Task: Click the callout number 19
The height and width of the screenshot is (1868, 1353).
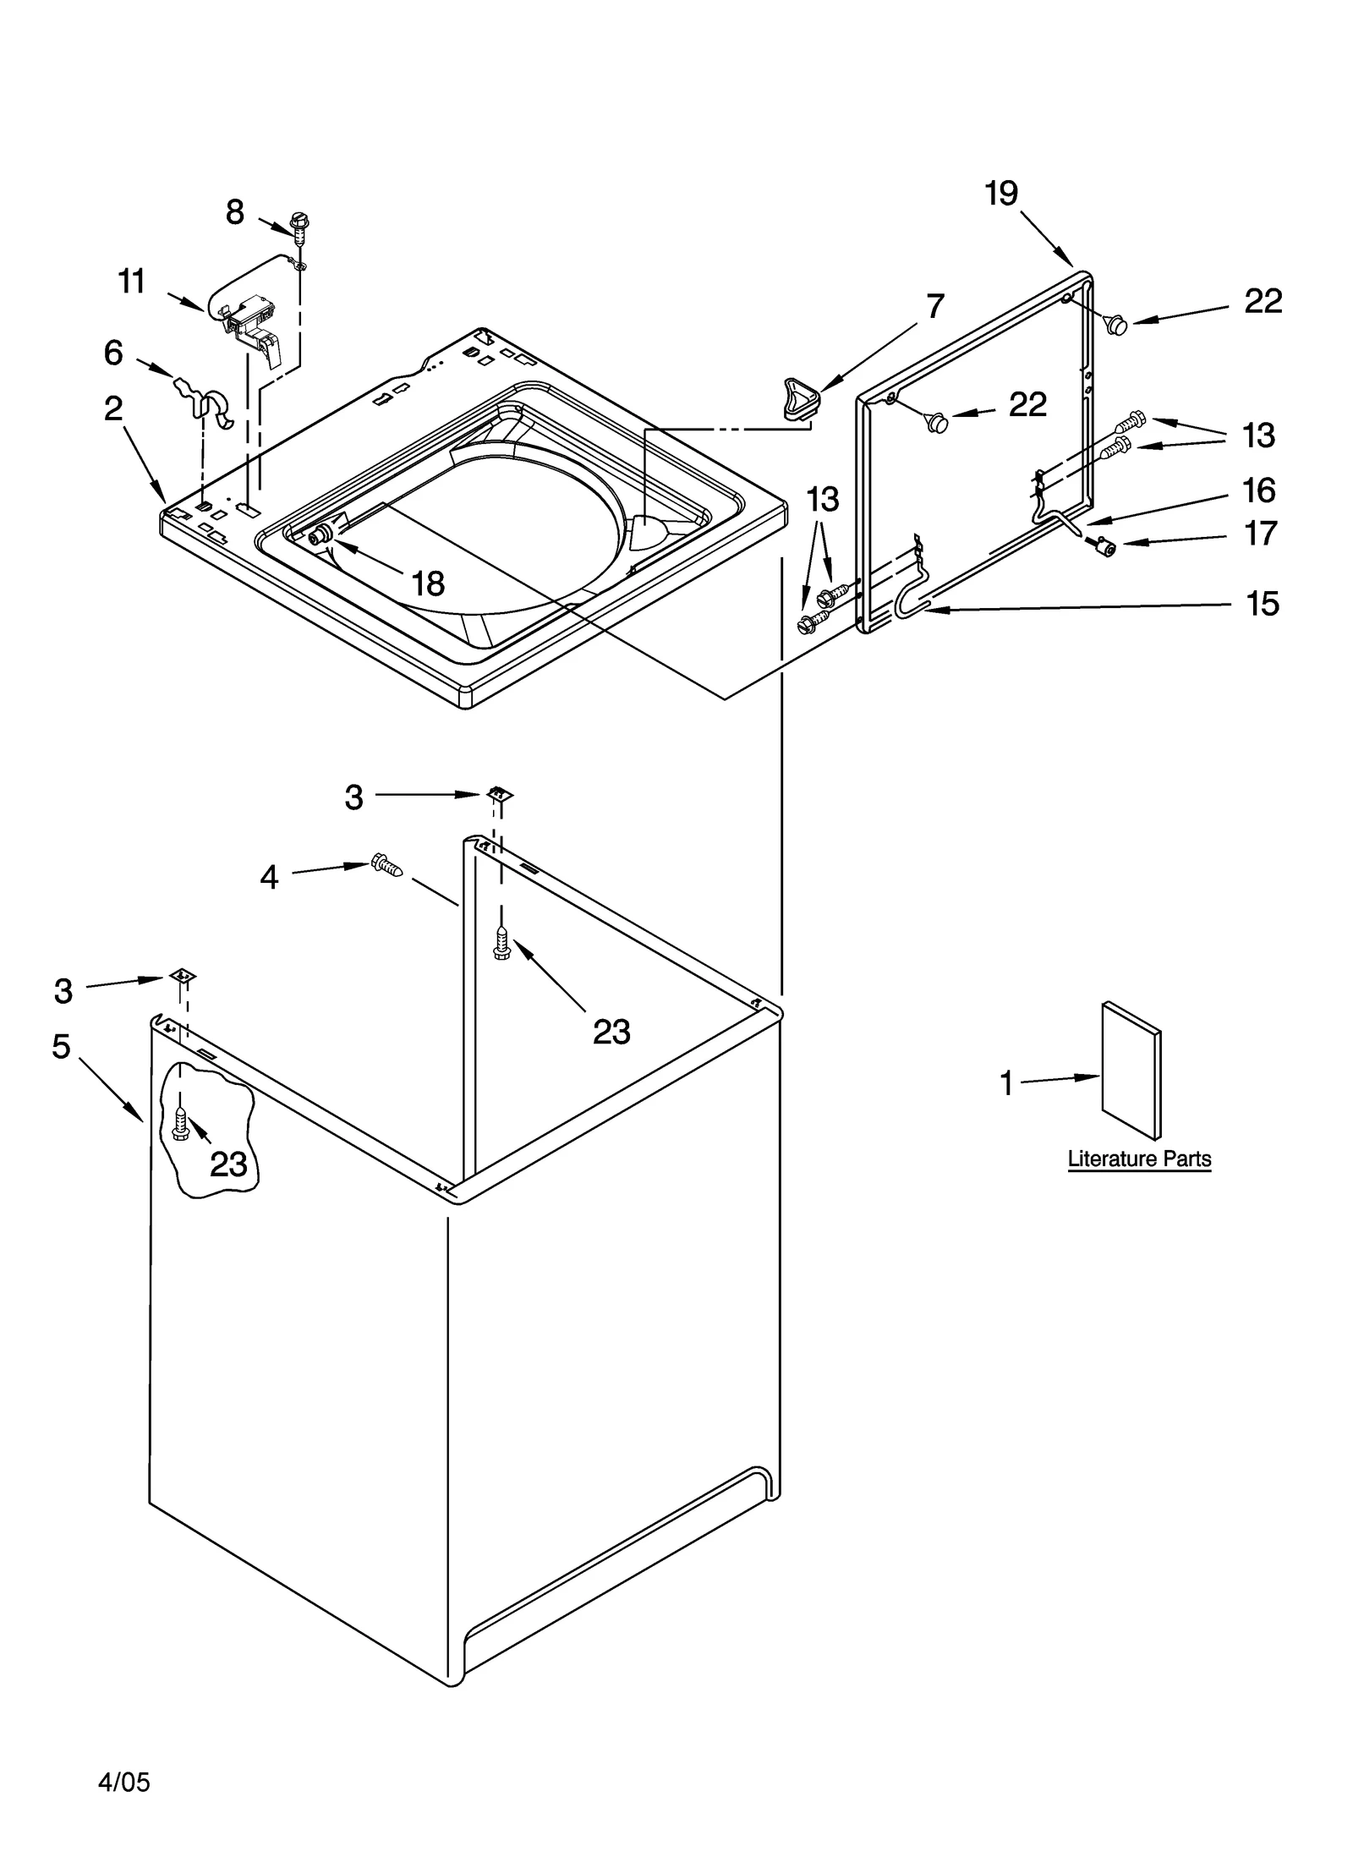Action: click(1001, 194)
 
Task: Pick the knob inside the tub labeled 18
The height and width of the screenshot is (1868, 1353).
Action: click(321, 534)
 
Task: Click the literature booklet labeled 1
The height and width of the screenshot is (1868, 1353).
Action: click(1131, 1071)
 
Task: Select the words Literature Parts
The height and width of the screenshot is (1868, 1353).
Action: click(1138, 1159)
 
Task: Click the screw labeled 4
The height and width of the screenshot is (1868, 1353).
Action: click(386, 864)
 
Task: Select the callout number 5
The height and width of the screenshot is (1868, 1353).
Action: click(61, 1046)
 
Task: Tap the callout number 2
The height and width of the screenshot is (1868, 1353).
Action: click(113, 409)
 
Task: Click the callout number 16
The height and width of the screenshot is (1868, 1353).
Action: click(1258, 490)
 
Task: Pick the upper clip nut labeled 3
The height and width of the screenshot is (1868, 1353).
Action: click(500, 793)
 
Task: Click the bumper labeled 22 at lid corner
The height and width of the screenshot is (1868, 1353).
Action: click(1117, 323)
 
